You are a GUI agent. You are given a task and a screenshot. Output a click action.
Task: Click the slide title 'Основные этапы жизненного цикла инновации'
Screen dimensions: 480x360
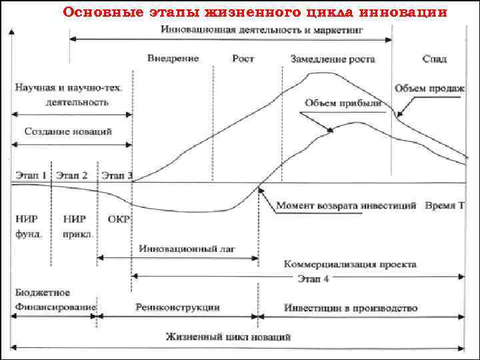point(254,13)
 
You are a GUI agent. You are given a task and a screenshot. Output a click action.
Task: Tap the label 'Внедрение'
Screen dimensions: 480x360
point(173,59)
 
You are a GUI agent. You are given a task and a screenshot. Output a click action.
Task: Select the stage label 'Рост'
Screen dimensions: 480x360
point(243,59)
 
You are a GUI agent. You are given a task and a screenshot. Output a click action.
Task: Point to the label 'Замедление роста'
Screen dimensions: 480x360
point(333,59)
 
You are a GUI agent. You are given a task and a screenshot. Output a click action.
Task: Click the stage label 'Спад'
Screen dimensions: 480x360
point(434,59)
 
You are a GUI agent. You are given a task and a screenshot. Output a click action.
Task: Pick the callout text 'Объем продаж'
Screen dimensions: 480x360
point(429,89)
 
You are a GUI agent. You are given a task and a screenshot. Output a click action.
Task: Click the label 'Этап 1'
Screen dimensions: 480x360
point(30,176)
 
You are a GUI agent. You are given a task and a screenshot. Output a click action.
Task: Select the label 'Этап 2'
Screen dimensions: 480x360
point(71,176)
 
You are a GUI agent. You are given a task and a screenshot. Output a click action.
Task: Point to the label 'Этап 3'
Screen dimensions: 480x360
point(117,176)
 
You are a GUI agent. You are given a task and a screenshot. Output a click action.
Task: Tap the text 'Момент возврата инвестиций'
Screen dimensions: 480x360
point(347,205)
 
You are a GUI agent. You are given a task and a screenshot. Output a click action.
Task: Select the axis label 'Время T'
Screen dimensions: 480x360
point(445,205)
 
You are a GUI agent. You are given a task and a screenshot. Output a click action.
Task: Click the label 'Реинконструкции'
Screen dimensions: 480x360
point(177,307)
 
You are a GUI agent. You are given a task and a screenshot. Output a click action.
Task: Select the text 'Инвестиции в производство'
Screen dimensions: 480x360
point(351,307)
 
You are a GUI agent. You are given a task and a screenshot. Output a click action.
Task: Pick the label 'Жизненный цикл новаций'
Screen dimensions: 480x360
point(228,337)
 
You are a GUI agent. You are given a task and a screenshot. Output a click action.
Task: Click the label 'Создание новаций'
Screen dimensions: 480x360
point(69,131)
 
